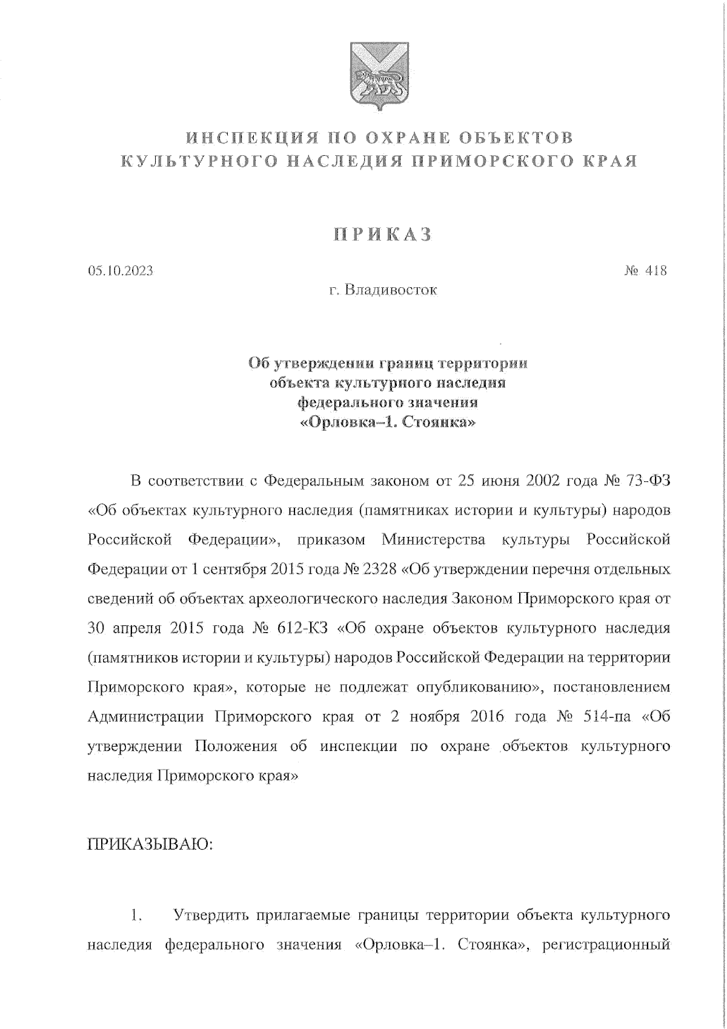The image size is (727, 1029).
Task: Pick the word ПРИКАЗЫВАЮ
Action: pos(151,844)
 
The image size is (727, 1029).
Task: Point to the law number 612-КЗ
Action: pos(307,628)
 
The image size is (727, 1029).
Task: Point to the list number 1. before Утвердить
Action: pos(136,916)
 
